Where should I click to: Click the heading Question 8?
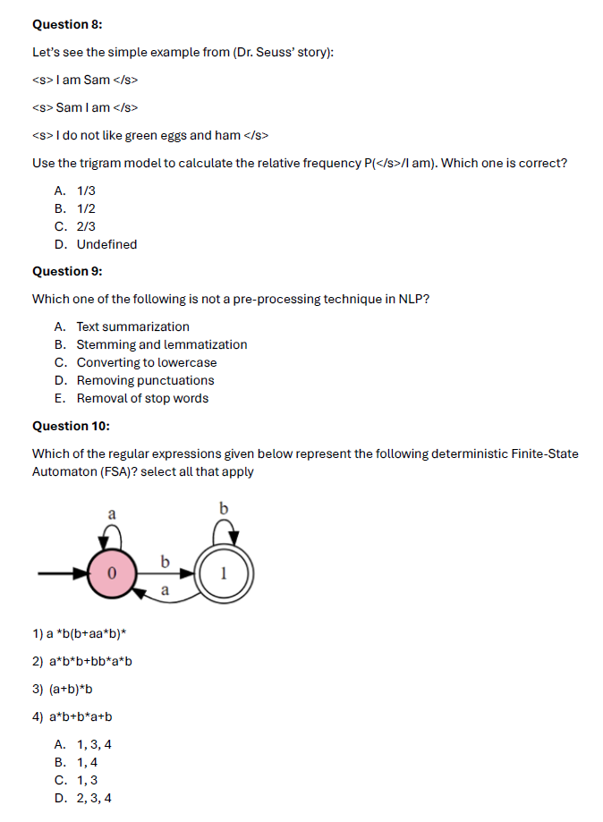tap(66, 24)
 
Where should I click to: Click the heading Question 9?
tap(66, 271)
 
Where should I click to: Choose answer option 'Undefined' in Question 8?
tap(106, 244)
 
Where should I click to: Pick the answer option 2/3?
tap(86, 226)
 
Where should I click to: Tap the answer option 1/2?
tap(86, 208)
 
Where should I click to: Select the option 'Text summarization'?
tap(132, 326)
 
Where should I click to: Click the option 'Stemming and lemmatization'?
tap(161, 344)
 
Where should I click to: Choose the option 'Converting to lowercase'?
tap(146, 362)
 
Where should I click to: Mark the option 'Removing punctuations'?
tap(145, 380)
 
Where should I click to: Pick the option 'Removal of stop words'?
tap(142, 398)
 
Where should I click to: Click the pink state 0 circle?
tap(111, 572)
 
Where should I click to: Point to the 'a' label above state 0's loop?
tap(112, 514)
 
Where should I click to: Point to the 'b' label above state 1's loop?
tap(224, 509)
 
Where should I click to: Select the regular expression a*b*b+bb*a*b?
tap(82, 662)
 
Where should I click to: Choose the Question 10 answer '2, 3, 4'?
tap(93, 798)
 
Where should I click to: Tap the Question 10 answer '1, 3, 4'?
tap(93, 744)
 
